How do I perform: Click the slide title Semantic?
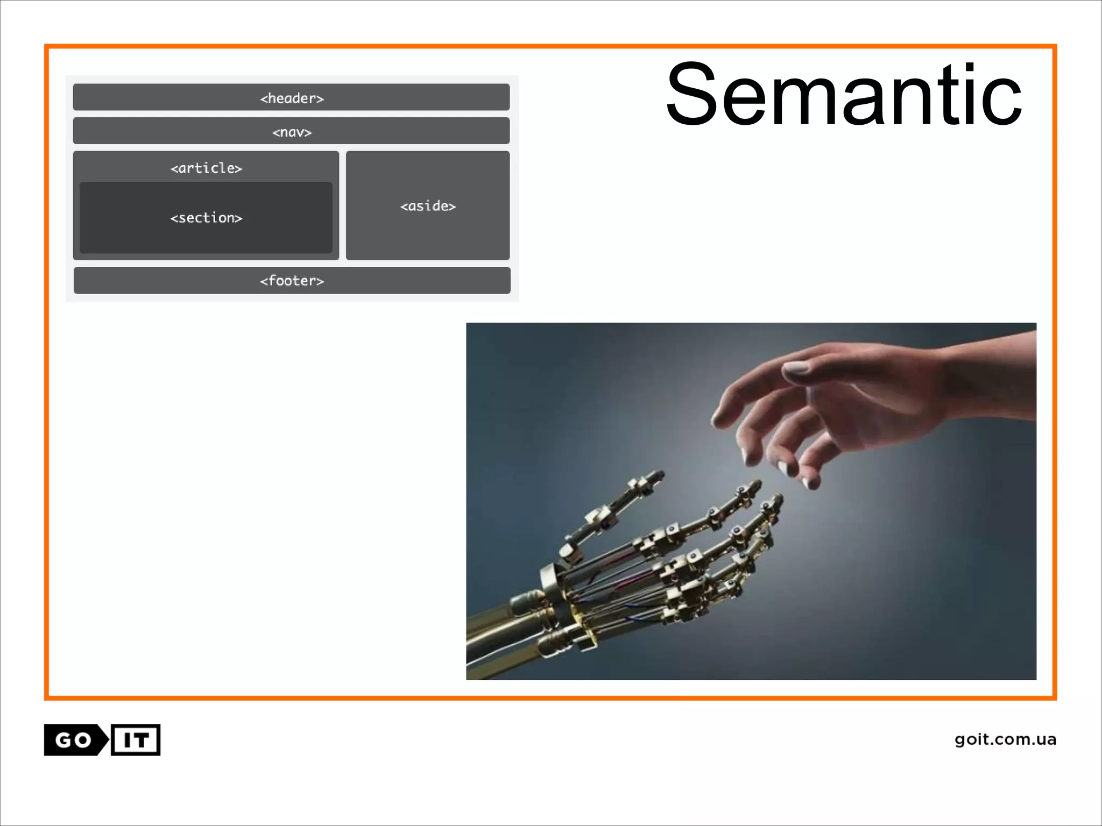(843, 95)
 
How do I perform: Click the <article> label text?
(206, 168)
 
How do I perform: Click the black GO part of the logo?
(73, 740)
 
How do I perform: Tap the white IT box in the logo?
(136, 740)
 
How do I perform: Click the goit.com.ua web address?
(1005, 739)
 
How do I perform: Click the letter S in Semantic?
(693, 95)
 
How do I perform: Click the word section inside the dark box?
(206, 218)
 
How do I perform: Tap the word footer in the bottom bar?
(292, 281)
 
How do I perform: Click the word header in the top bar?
(292, 98)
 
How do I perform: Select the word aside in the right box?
(428, 206)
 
